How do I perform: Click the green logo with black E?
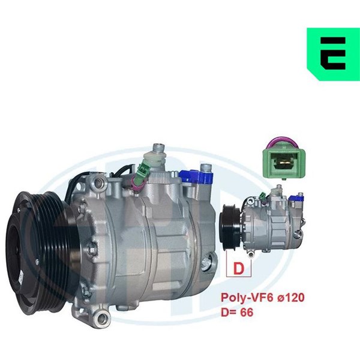tap(334, 54)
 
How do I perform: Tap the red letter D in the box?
tap(238, 268)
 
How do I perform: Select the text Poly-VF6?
tap(247, 298)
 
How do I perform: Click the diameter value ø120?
tap(291, 298)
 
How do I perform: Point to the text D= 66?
tap(237, 312)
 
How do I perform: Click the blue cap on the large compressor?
tap(196, 176)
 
